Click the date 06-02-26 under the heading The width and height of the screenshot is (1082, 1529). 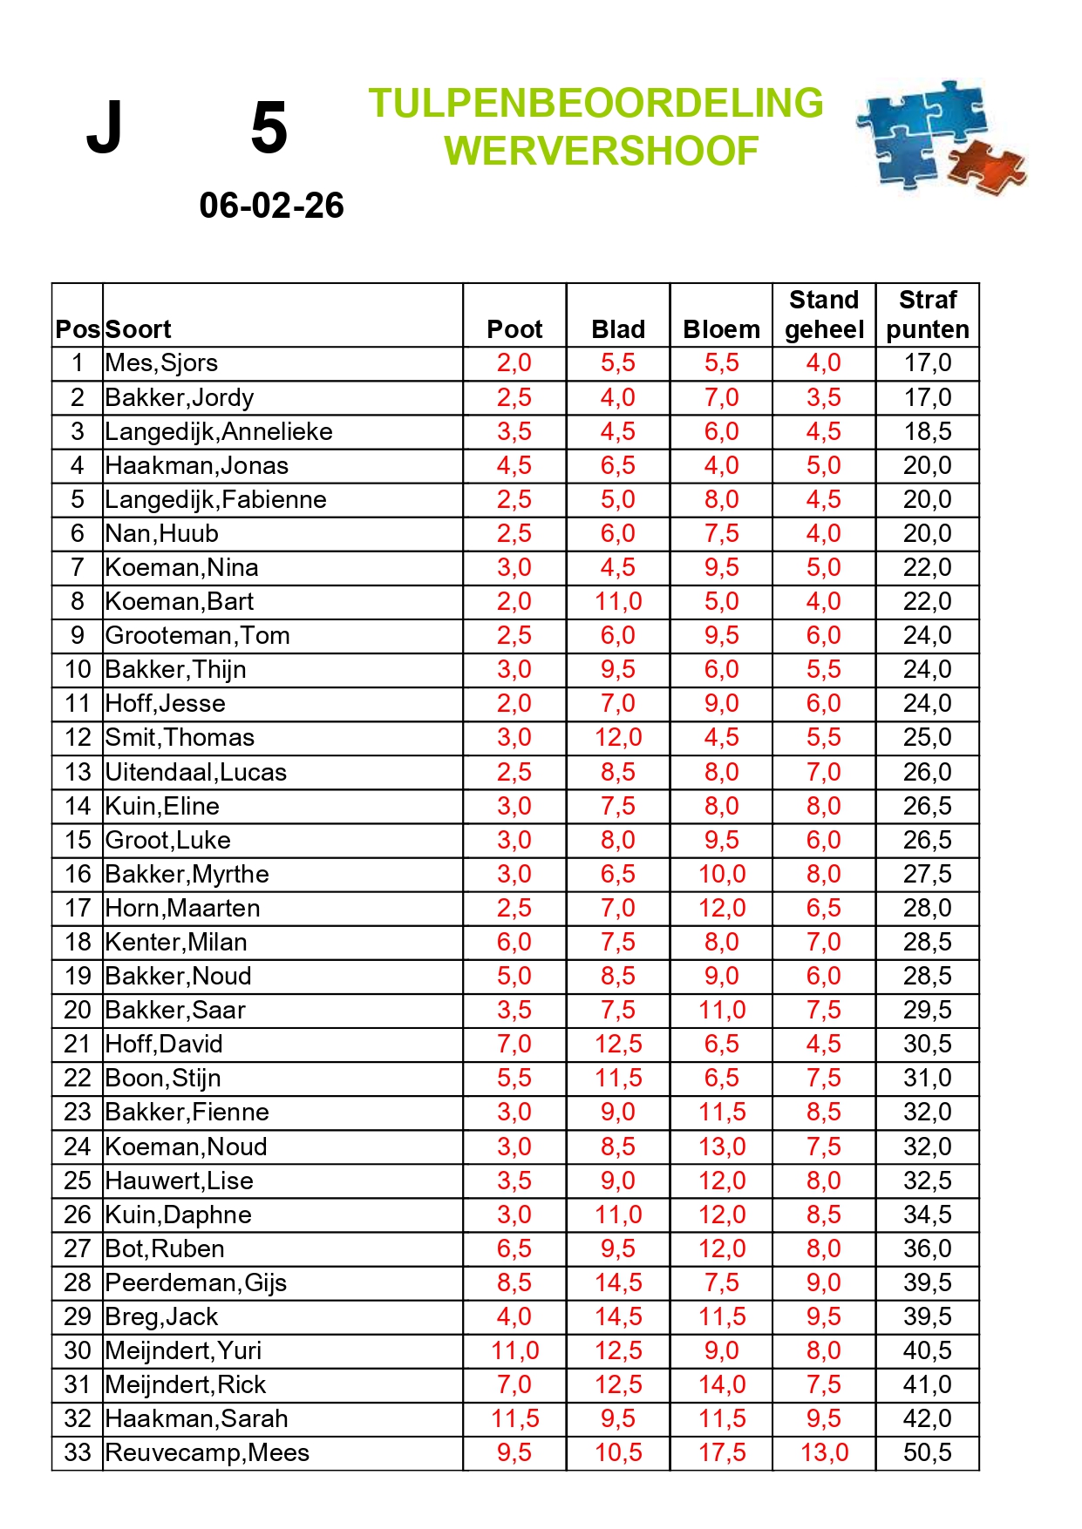click(271, 206)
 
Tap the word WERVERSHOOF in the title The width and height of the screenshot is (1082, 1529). click(601, 151)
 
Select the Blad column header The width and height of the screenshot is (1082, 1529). click(618, 329)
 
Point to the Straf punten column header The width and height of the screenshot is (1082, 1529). click(928, 315)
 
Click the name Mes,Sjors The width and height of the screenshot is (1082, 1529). click(161, 363)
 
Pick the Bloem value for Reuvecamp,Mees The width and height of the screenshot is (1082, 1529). click(722, 1452)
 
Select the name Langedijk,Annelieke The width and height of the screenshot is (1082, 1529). click(219, 431)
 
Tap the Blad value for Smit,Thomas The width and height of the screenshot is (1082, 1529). click(618, 738)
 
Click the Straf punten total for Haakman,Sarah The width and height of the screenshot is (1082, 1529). click(928, 1418)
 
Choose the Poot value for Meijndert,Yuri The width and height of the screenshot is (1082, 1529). click(514, 1350)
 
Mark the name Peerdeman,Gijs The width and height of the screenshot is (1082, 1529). click(195, 1282)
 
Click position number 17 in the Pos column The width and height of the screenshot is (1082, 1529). click(78, 908)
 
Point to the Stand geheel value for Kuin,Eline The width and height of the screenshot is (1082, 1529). click(824, 806)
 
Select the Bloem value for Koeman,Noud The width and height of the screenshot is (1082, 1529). click(722, 1147)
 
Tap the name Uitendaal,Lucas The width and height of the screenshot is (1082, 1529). click(195, 772)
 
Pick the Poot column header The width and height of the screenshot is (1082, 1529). click(514, 329)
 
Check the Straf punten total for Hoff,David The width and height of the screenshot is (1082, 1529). click(928, 1044)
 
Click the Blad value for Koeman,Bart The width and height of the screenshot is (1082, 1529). click(618, 601)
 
